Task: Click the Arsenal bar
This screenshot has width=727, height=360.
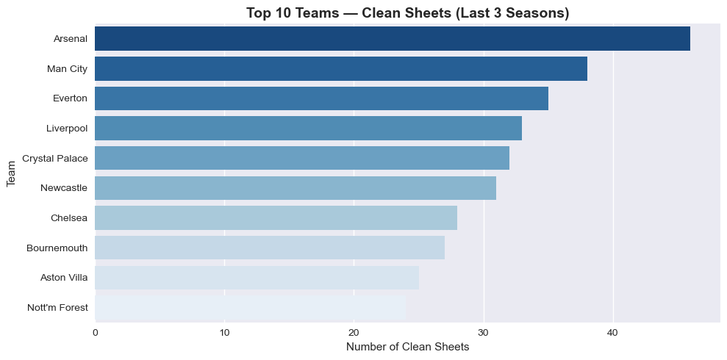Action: click(x=393, y=39)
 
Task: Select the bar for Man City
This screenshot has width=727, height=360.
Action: click(x=341, y=69)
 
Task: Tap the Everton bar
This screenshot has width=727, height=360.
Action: click(x=321, y=98)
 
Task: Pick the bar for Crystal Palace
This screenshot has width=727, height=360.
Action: click(x=302, y=158)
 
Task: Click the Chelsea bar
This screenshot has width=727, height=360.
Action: click(x=276, y=217)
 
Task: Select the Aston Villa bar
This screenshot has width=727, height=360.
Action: click(x=257, y=278)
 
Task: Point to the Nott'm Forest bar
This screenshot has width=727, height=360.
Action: click(x=250, y=307)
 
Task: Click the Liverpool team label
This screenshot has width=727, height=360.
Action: click(x=67, y=129)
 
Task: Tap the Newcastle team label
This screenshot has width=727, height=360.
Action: click(x=64, y=188)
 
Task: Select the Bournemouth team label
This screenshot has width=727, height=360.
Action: click(x=57, y=248)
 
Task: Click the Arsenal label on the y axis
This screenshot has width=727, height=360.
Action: click(x=71, y=39)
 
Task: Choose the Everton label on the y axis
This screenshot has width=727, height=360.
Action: click(x=71, y=98)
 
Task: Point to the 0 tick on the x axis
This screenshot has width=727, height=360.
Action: click(x=96, y=333)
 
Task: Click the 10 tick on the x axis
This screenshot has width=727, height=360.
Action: click(x=225, y=333)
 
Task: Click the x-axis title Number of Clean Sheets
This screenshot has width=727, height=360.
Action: click(x=407, y=347)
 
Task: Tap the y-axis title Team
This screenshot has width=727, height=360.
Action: click(x=12, y=173)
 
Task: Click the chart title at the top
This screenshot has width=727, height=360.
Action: click(x=407, y=13)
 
